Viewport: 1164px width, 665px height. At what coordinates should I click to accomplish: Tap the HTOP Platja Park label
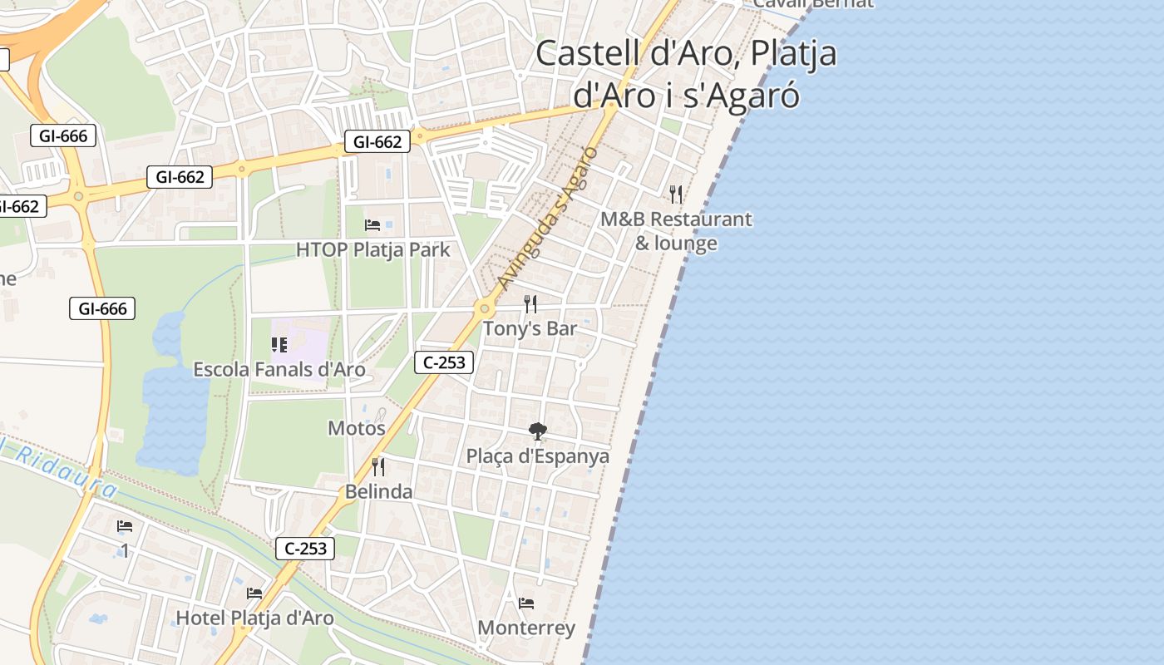pyautogui.click(x=373, y=249)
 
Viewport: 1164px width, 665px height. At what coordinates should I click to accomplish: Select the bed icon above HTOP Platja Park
pyautogui.click(x=372, y=224)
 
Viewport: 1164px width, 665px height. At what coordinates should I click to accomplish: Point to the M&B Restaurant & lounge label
pyautogui.click(x=676, y=231)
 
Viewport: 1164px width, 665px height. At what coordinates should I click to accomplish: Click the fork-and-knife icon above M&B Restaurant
pyautogui.click(x=676, y=195)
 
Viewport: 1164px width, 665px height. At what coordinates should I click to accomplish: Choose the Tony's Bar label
pyautogui.click(x=530, y=328)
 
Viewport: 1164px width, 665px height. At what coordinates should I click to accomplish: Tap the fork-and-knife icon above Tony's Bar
pyautogui.click(x=530, y=303)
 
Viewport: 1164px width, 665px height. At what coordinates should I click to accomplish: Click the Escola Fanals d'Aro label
pyautogui.click(x=279, y=369)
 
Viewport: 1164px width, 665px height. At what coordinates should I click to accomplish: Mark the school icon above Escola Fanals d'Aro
pyautogui.click(x=279, y=344)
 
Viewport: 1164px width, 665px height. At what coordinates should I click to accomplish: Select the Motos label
pyautogui.click(x=357, y=428)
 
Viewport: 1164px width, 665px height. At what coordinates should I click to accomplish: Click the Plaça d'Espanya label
pyautogui.click(x=537, y=456)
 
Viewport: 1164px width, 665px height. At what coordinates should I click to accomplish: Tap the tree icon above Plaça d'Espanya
pyautogui.click(x=538, y=431)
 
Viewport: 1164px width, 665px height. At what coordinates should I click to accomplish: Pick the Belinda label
pyautogui.click(x=379, y=491)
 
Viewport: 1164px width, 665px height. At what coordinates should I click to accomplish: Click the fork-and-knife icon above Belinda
pyautogui.click(x=378, y=466)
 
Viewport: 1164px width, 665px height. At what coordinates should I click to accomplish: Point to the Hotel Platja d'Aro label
pyautogui.click(x=254, y=618)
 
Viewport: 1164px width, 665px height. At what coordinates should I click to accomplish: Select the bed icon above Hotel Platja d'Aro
pyautogui.click(x=254, y=594)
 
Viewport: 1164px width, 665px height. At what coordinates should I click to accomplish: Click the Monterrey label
pyautogui.click(x=526, y=628)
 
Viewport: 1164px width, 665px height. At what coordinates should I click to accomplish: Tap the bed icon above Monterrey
pyautogui.click(x=525, y=603)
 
